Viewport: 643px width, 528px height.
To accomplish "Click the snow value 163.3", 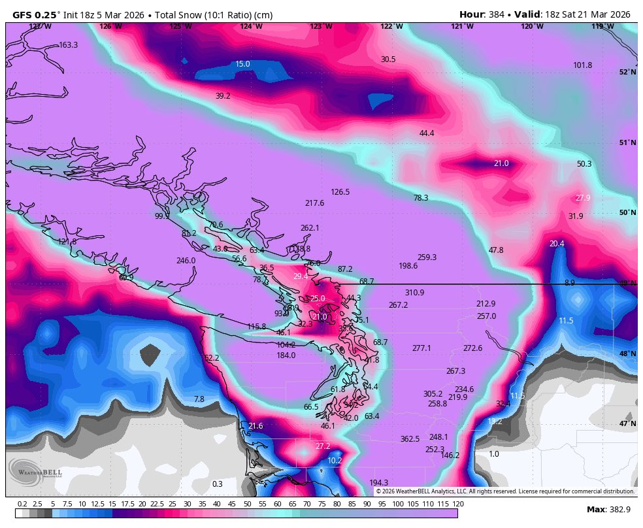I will pos(68,45).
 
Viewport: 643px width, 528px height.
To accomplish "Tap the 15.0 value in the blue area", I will pos(242,64).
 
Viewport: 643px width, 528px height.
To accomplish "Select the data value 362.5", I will pos(410,439).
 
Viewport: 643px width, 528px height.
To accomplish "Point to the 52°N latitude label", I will pos(627,73).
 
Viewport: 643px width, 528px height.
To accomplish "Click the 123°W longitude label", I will pos(320,27).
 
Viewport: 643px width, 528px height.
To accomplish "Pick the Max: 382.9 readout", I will pos(608,509).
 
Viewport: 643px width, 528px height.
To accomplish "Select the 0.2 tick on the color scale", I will pos(22,504).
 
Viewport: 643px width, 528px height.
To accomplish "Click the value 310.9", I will pos(414,293).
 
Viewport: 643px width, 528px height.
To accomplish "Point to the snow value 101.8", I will pos(582,65).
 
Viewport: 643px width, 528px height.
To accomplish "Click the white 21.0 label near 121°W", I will pos(501,163).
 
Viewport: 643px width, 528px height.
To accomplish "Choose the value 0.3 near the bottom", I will pos(218,484).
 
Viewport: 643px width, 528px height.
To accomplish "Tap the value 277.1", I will pos(421,348).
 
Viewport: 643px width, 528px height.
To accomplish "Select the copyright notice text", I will pos(504,491).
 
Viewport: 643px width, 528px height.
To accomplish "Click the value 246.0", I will pos(186,261).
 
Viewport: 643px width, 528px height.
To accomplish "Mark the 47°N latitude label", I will pos(627,423).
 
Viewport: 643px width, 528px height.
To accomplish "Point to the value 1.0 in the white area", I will pos(494,454).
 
